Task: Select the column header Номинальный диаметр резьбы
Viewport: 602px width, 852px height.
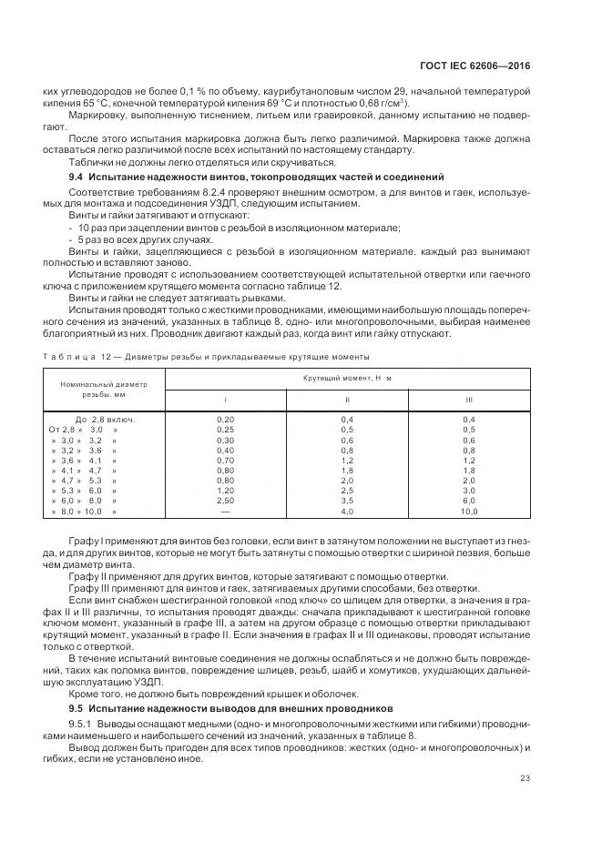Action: click(102, 390)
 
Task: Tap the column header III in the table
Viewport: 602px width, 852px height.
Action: click(468, 399)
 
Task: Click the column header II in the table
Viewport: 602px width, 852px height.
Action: click(347, 399)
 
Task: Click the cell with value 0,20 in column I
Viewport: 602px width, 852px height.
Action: click(225, 418)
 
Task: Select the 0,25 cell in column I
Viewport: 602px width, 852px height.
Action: click(225, 429)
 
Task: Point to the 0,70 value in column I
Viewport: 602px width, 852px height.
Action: click(225, 461)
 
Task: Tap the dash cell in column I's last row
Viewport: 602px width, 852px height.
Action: click(225, 512)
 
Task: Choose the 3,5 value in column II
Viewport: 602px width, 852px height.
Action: click(347, 501)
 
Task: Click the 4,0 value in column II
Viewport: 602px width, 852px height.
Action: click(347, 512)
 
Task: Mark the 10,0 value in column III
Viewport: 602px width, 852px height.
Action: click(468, 512)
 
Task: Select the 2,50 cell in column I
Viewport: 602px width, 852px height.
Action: click(225, 501)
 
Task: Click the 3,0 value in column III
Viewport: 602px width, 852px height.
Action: click(468, 491)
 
